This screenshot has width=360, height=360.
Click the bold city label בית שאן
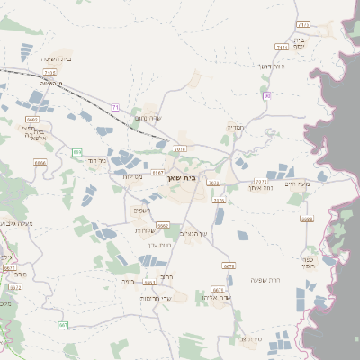(x=184, y=177)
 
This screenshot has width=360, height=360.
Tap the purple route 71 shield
(x=115, y=108)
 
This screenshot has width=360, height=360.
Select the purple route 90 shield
(x=266, y=95)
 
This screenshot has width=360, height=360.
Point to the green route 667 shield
(x=63, y=325)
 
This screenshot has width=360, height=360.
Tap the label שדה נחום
(x=147, y=118)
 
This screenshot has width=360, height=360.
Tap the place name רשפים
(x=142, y=210)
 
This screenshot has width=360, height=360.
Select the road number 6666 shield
(x=40, y=163)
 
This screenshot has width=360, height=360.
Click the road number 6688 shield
(x=307, y=219)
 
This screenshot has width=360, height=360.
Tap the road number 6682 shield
(x=163, y=225)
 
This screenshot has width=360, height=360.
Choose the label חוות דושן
(x=270, y=67)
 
